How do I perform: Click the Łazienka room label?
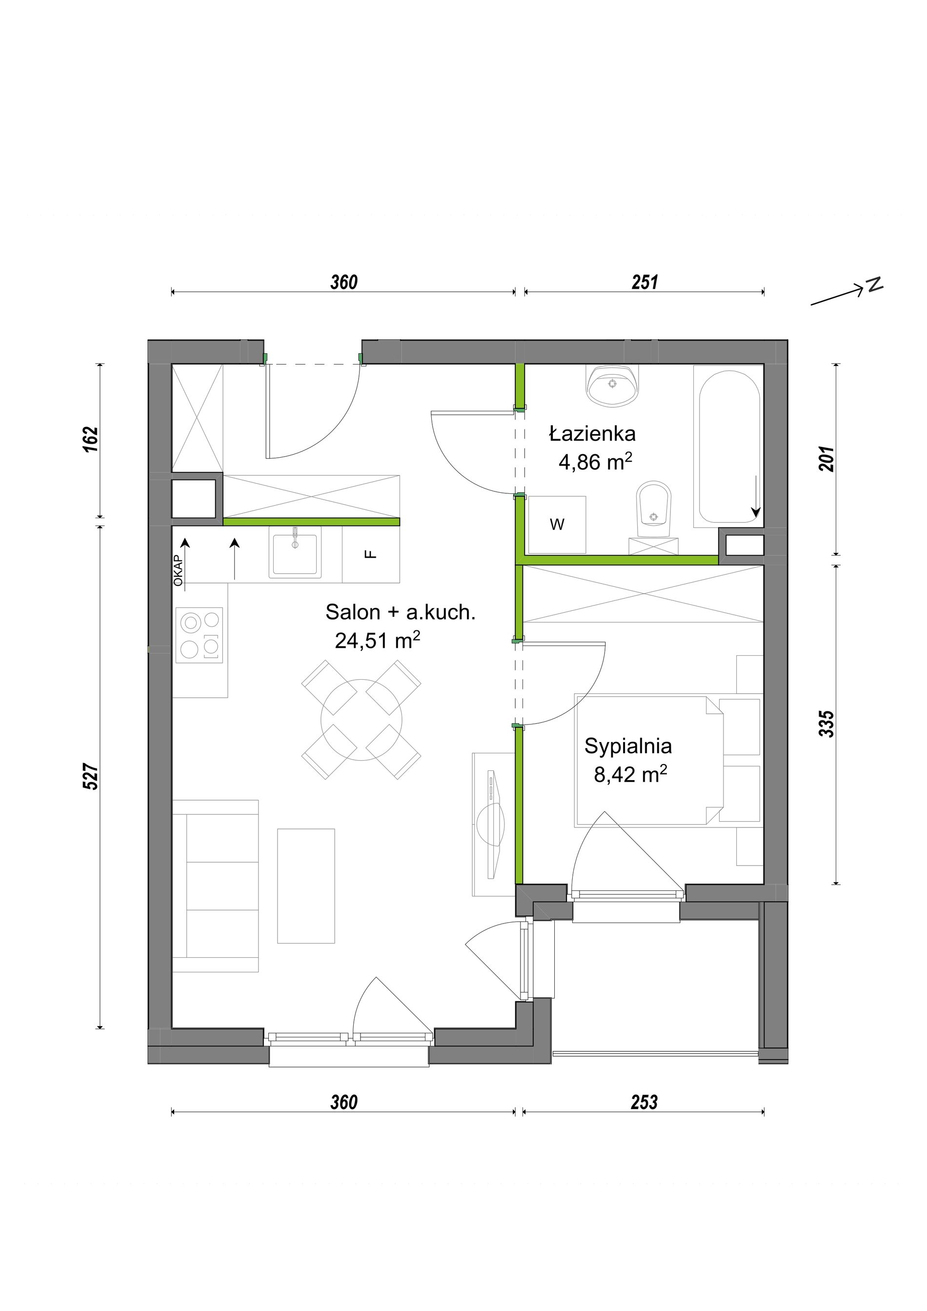(592, 434)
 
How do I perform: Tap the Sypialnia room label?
(628, 746)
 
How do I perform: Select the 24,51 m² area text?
(377, 641)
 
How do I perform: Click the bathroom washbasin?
(612, 385)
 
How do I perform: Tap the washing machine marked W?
(557, 524)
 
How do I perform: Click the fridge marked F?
(371, 554)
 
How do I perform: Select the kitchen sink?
(295, 552)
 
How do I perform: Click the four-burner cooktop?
(199, 635)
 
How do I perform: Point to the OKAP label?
(178, 570)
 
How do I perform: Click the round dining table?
(362, 720)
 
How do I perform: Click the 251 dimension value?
(645, 282)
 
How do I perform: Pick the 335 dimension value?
(826, 724)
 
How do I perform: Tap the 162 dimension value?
(92, 439)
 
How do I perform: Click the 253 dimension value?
(644, 1102)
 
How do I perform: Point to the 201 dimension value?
(826, 459)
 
